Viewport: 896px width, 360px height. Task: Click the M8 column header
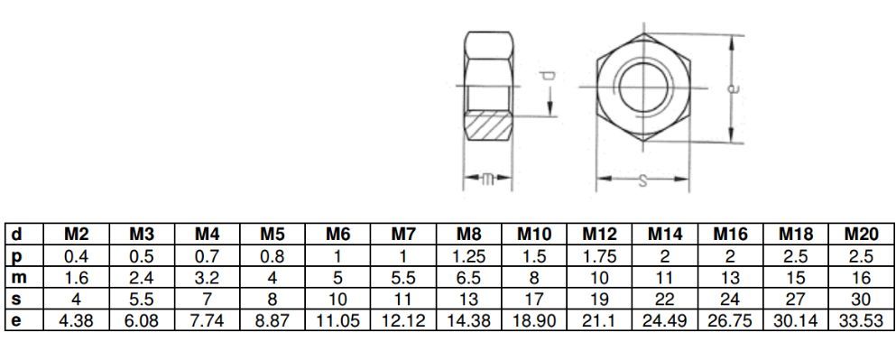pyautogui.click(x=468, y=235)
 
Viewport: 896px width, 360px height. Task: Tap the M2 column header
pyautogui.click(x=77, y=235)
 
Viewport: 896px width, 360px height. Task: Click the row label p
pyautogui.click(x=16, y=256)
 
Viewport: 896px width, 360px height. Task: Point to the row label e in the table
pyautogui.click(x=16, y=320)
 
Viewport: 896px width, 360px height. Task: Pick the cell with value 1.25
pyautogui.click(x=468, y=256)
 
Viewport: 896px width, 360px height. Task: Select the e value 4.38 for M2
pyautogui.click(x=77, y=320)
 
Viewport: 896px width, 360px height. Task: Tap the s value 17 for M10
pyautogui.click(x=533, y=299)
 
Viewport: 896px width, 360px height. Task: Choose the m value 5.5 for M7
pyautogui.click(x=403, y=278)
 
